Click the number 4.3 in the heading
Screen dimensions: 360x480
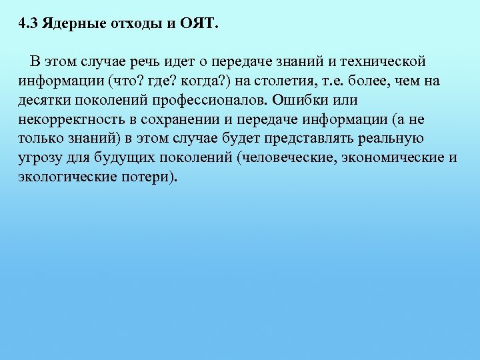(x=28, y=25)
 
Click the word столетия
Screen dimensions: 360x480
(x=312, y=81)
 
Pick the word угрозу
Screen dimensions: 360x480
(x=38, y=159)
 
